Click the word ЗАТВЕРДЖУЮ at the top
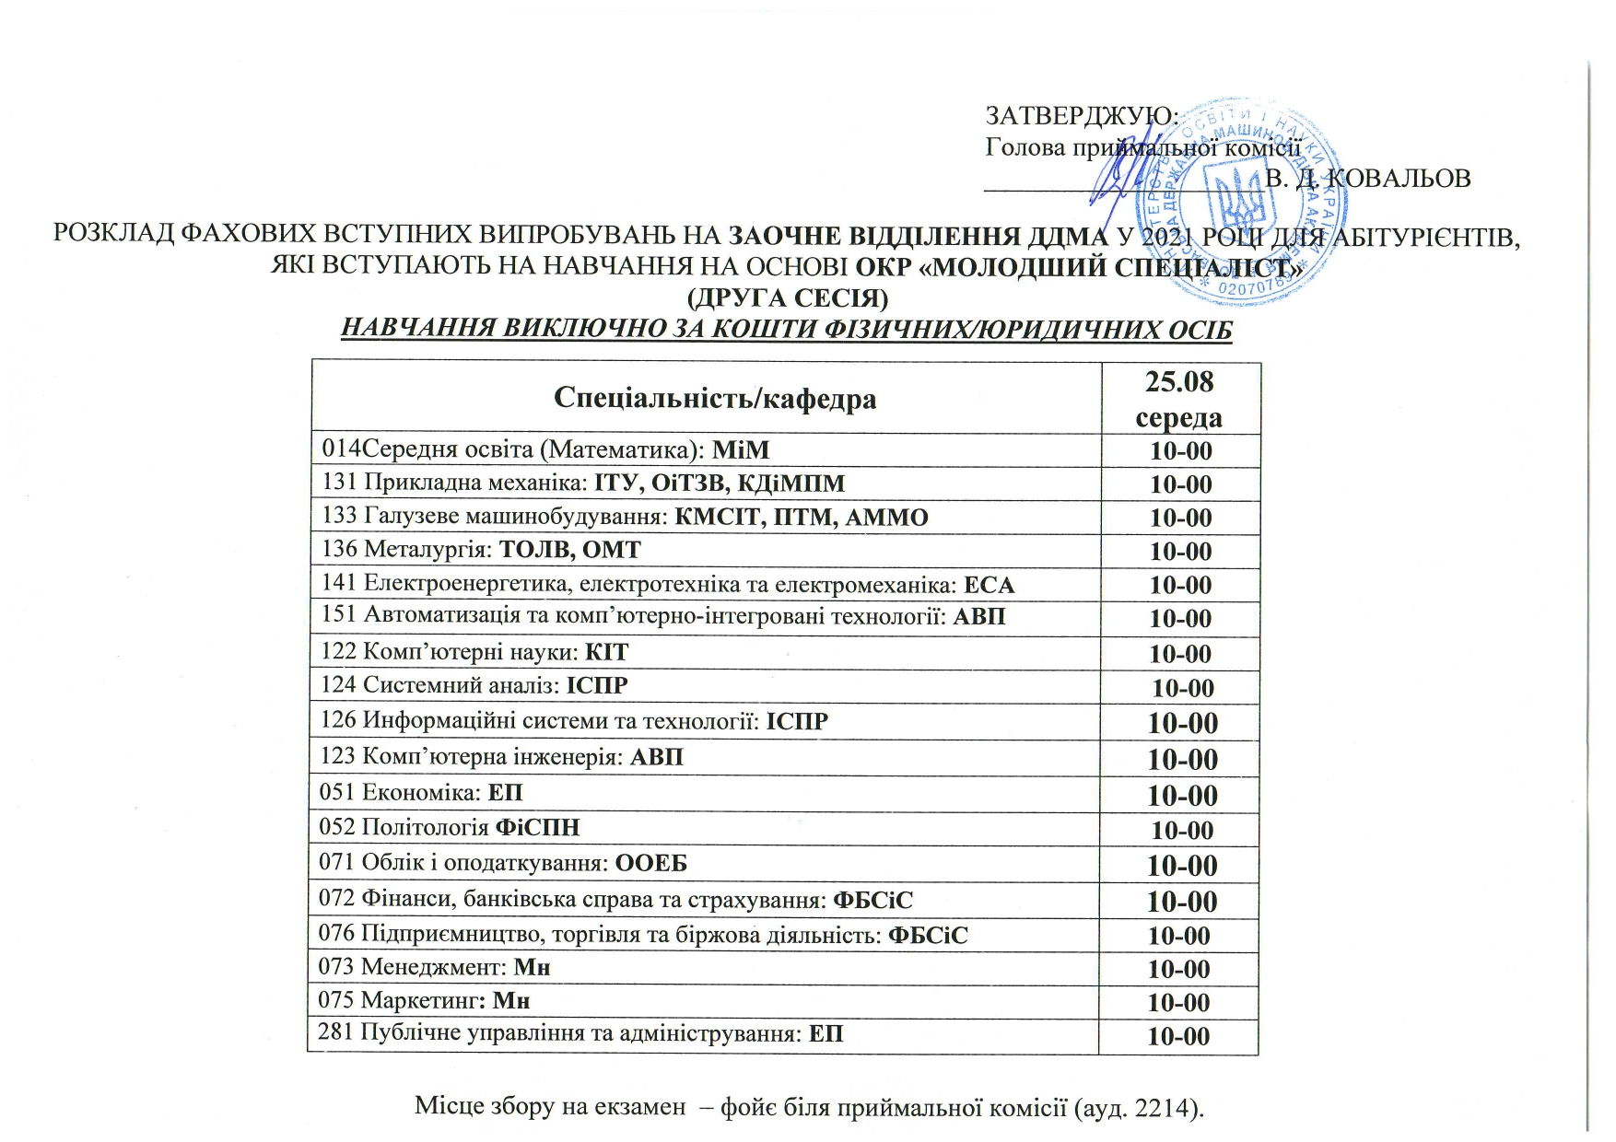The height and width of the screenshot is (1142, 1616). click(1081, 116)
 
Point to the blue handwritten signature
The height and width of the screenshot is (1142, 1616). click(1118, 175)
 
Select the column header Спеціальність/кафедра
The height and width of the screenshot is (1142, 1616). click(714, 398)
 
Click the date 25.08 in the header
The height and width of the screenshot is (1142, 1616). click(1179, 381)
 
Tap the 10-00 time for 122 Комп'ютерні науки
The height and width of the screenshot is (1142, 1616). click(1180, 654)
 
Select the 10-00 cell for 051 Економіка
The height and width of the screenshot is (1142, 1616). click(1182, 795)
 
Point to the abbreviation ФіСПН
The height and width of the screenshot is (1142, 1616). click(538, 827)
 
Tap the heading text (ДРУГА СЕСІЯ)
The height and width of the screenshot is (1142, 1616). click(789, 298)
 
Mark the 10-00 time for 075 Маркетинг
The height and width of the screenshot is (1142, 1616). click(1179, 1002)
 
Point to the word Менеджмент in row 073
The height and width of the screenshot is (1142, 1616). click(433, 968)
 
